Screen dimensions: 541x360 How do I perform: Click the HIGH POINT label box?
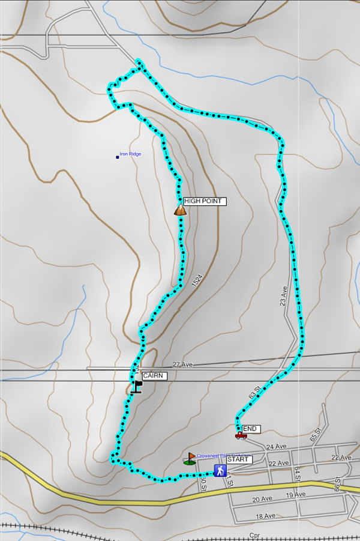[x=205, y=201]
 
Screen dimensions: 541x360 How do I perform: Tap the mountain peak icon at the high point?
[x=180, y=210]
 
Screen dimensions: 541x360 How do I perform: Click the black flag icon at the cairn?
[x=137, y=386]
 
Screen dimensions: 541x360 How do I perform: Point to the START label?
[x=239, y=459]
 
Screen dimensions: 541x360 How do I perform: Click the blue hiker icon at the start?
[x=220, y=470]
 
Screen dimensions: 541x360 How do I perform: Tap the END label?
[x=251, y=429]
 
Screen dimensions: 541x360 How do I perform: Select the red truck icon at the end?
[x=241, y=435]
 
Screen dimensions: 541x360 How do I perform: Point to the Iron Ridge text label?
[x=130, y=154]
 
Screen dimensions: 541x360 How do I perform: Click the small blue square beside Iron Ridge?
[x=118, y=157]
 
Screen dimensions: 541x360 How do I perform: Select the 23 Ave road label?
[x=284, y=296]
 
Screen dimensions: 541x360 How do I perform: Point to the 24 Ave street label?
[x=276, y=447]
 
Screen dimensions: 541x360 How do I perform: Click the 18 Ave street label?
[x=266, y=516]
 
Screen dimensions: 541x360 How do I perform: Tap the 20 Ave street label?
[x=263, y=500]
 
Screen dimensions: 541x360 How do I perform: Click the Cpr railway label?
[x=256, y=534]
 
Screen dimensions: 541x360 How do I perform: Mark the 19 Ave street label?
[x=296, y=495]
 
